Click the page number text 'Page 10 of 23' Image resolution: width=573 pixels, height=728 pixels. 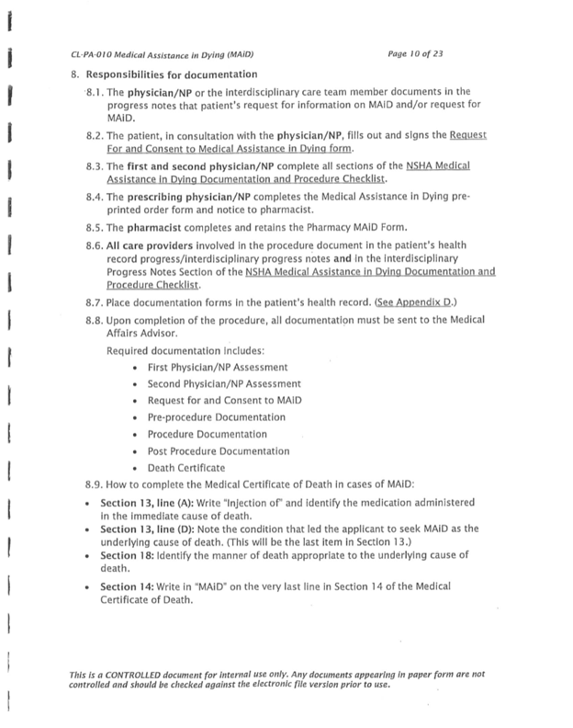click(419, 53)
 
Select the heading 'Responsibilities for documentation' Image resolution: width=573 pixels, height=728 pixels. click(170, 74)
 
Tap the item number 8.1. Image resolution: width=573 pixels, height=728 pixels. click(95, 94)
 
